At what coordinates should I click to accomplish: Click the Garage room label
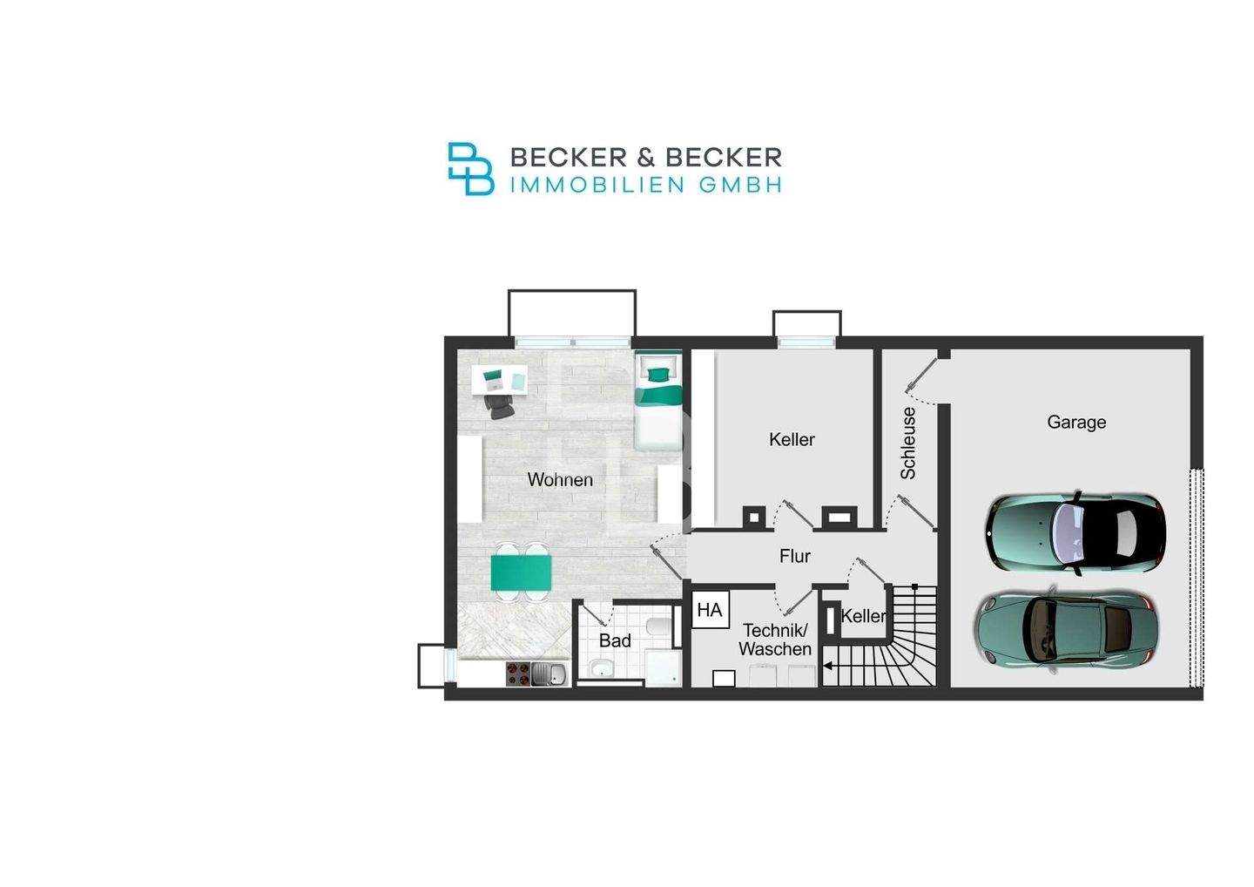[1076, 423]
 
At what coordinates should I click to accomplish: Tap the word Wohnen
[560, 480]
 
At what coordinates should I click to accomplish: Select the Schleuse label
[908, 443]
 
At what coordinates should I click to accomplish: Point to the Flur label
[795, 556]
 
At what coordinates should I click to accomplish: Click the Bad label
[615, 640]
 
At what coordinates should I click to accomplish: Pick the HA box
[710, 610]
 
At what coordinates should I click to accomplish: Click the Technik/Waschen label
[775, 640]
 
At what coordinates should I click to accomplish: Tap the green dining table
[521, 572]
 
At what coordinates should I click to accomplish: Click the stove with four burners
[518, 674]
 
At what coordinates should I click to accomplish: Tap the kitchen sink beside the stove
[549, 674]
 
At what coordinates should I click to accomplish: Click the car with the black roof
[1075, 532]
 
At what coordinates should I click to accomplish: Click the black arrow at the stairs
[828, 667]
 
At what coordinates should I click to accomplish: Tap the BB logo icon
[471, 168]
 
